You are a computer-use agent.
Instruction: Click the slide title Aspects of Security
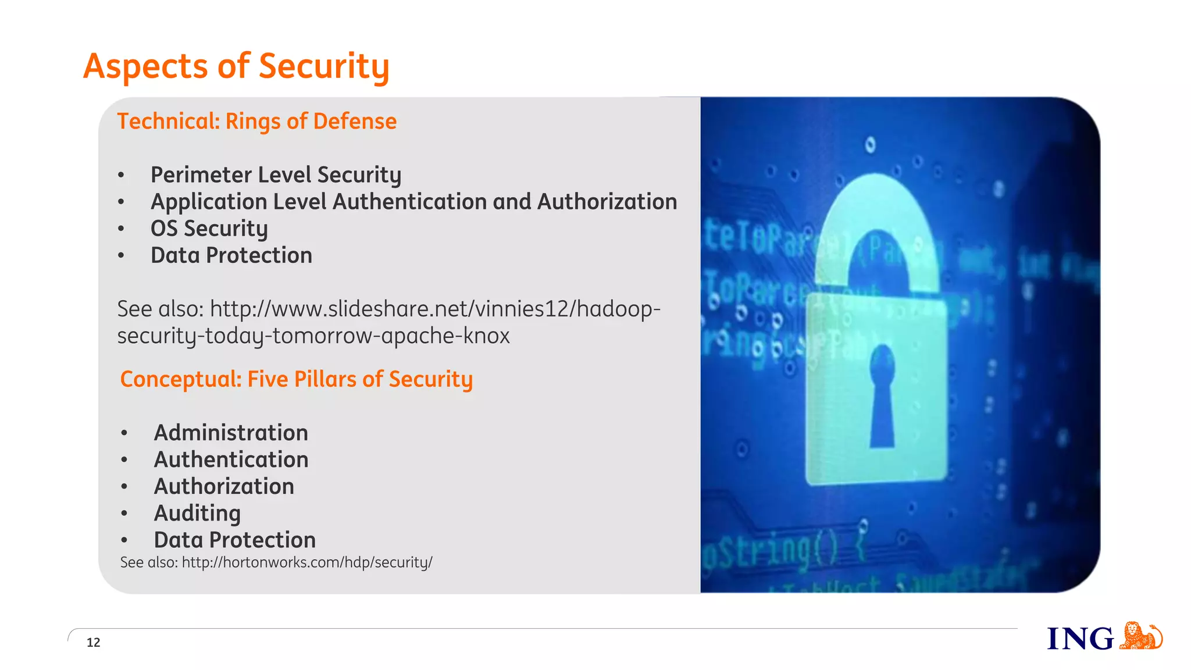pyautogui.click(x=236, y=66)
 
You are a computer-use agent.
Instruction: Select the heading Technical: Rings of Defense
pyautogui.click(x=256, y=121)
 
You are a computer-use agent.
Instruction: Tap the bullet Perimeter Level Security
pyautogui.click(x=276, y=174)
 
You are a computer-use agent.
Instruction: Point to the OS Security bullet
pyautogui.click(x=209, y=229)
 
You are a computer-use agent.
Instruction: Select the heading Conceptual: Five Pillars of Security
pyautogui.click(x=296, y=379)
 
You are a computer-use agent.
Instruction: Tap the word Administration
pyautogui.click(x=231, y=433)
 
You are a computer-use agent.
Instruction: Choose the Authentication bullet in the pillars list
pyautogui.click(x=231, y=459)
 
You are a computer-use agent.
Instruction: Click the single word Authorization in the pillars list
pyautogui.click(x=224, y=486)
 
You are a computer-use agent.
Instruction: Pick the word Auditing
pyautogui.click(x=197, y=513)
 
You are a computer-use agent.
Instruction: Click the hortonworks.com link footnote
pyautogui.click(x=276, y=562)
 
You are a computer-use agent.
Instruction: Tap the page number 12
pyautogui.click(x=93, y=642)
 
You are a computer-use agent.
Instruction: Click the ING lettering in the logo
pyautogui.click(x=1080, y=639)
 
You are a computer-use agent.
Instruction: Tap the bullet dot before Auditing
pyautogui.click(x=124, y=514)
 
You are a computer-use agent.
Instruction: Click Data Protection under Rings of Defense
pyautogui.click(x=231, y=255)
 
